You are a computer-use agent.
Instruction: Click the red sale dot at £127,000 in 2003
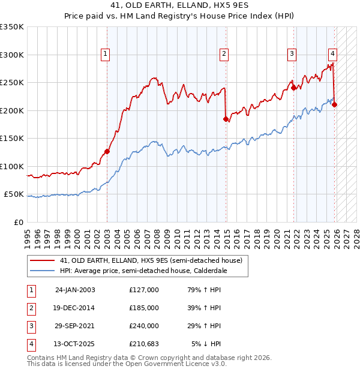pyautogui.click(x=107, y=152)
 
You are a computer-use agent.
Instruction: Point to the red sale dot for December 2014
pyautogui.click(x=226, y=119)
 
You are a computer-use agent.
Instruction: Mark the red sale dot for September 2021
pyautogui.click(x=294, y=88)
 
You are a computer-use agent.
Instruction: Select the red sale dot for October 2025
pyautogui.click(x=334, y=104)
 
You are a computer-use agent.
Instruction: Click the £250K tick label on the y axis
pyautogui.click(x=12, y=83)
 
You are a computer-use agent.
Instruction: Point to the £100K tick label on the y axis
pyautogui.click(x=12, y=166)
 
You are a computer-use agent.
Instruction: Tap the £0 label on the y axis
pyautogui.click(x=18, y=222)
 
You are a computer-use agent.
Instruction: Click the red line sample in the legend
pyautogui.click(x=42, y=260)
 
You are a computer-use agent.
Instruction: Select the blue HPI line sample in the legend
pyautogui.click(x=42, y=271)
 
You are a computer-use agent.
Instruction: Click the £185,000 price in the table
pyautogui.click(x=144, y=307)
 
